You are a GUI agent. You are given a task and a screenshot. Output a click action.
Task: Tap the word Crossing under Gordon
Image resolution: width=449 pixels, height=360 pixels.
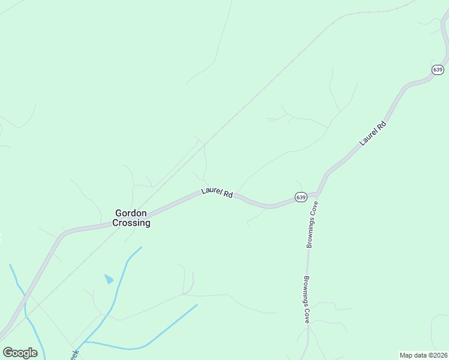(132, 223)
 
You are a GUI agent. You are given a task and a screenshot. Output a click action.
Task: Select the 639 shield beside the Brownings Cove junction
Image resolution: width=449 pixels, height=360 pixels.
(301, 197)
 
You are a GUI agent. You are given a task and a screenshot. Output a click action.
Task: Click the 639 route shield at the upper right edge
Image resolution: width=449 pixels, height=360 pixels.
(438, 70)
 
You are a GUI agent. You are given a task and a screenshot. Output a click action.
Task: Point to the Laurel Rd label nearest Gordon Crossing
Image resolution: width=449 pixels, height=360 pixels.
(217, 193)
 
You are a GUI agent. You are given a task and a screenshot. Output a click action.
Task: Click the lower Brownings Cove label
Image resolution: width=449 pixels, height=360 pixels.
(306, 299)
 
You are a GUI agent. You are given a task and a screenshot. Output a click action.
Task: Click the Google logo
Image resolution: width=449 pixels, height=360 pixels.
(20, 352)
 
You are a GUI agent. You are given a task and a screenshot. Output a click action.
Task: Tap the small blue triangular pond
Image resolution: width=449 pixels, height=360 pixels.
(109, 278)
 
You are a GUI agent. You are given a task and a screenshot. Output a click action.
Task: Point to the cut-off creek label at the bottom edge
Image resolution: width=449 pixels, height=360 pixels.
(74, 355)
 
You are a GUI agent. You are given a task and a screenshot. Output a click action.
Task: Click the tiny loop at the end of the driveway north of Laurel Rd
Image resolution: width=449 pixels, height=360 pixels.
(272, 120)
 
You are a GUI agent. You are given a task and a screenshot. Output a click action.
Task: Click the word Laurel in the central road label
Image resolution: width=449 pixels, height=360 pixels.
(211, 191)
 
